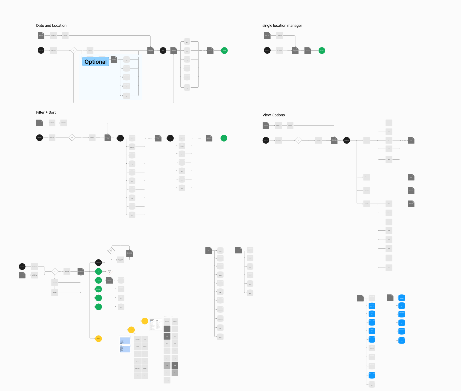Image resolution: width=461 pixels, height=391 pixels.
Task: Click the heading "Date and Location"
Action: click(x=51, y=26)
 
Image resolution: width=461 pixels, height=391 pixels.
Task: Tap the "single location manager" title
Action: click(x=282, y=26)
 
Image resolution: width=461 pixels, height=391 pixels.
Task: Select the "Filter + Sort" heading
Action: click(x=46, y=112)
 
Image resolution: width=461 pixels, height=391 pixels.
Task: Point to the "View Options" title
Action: click(x=273, y=115)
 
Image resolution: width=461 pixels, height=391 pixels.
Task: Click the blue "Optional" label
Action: click(x=96, y=62)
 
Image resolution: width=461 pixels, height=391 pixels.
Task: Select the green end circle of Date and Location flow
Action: click(x=224, y=50)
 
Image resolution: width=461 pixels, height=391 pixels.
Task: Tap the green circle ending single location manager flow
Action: click(x=322, y=50)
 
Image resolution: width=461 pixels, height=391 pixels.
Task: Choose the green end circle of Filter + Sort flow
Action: click(x=224, y=138)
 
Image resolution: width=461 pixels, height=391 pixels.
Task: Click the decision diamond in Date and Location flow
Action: click(x=73, y=50)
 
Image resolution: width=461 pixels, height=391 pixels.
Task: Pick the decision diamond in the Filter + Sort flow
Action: click(x=72, y=138)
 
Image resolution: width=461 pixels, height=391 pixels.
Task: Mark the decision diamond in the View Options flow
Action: click(x=298, y=140)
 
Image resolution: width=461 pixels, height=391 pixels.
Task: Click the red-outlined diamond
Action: click(x=109, y=271)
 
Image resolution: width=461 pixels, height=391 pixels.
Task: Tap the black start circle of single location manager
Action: click(x=267, y=50)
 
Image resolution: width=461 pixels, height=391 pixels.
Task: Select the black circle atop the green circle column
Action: click(x=99, y=263)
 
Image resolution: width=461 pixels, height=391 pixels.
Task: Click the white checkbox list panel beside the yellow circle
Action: click(x=156, y=324)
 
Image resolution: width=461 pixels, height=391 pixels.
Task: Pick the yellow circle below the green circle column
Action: click(x=99, y=339)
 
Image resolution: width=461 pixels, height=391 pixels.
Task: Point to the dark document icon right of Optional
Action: click(x=114, y=59)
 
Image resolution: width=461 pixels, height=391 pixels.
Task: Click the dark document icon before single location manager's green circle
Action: click(x=308, y=50)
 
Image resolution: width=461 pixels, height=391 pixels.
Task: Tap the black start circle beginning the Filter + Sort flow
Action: click(x=40, y=138)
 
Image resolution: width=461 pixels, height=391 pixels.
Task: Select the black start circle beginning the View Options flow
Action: click(x=266, y=140)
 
